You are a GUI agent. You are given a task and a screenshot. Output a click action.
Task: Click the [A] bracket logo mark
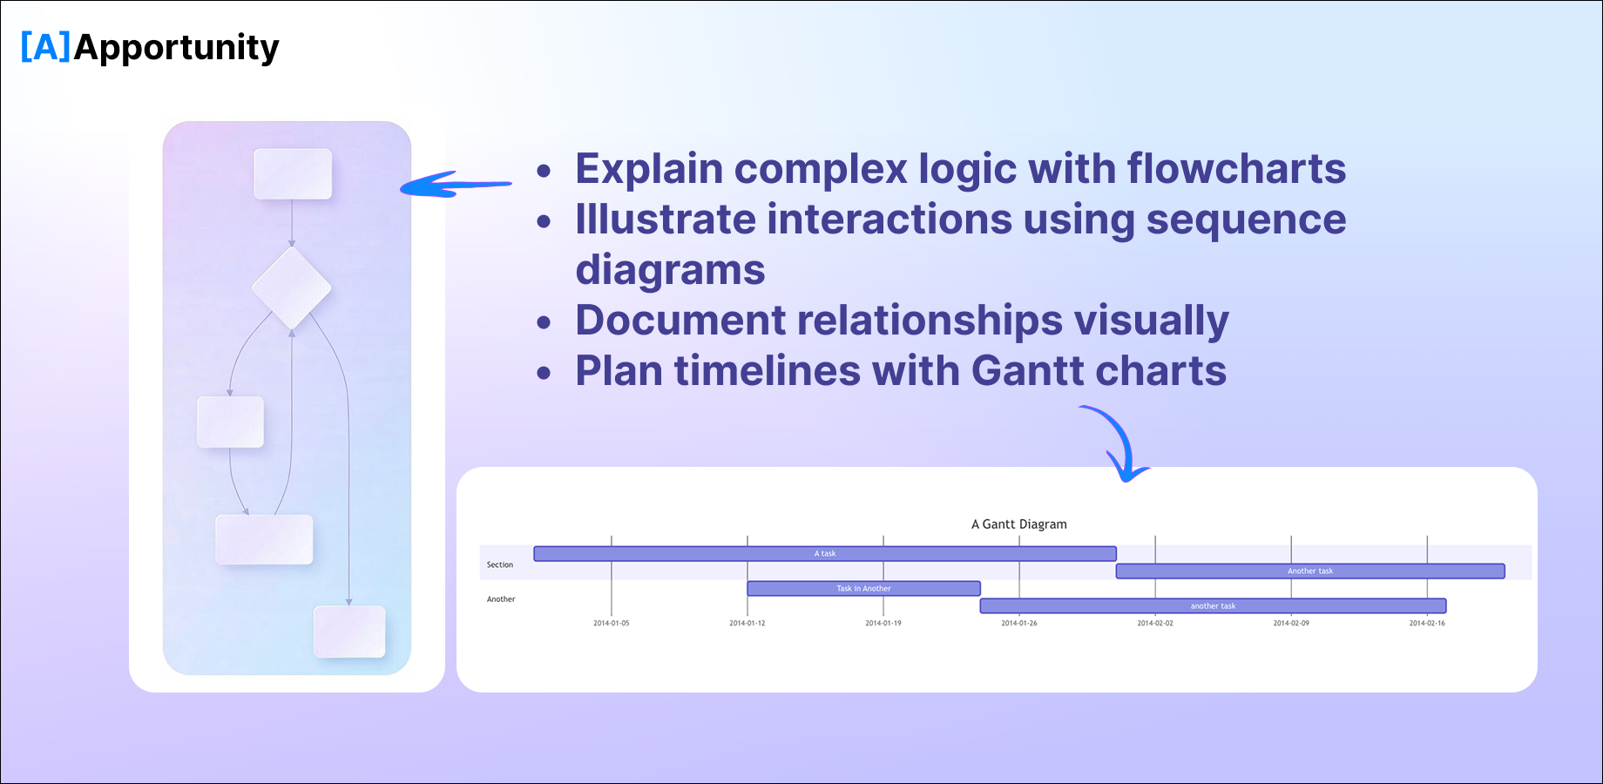pos(45,47)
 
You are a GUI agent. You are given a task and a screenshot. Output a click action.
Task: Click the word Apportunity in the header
pos(177,48)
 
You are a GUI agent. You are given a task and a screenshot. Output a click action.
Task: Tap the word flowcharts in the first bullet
pos(1236,169)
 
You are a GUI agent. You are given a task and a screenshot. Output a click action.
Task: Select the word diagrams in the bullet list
pos(670,270)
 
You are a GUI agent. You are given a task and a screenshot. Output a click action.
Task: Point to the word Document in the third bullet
pos(680,321)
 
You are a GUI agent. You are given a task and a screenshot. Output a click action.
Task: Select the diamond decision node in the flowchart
pos(291,287)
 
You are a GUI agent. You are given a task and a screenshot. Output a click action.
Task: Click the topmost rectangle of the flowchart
pos(293,173)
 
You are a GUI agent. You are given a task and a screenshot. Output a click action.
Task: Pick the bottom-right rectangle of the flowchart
pos(349,632)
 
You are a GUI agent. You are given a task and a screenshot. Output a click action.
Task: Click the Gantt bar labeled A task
pos(824,554)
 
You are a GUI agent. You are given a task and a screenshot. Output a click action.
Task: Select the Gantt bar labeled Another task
pos(1309,571)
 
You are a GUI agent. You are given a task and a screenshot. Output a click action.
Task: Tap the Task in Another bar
pos(863,589)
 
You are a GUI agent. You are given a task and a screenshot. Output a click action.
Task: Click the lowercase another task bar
pos(1213,606)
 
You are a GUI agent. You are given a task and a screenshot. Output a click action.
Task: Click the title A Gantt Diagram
pos(1018,524)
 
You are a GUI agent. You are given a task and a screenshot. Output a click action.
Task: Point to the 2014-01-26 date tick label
pos(1018,624)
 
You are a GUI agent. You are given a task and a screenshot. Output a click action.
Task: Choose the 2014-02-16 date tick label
pos(1426,624)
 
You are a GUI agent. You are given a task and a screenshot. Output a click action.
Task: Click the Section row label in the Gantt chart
pos(500,565)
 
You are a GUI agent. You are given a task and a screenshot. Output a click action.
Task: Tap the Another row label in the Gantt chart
pos(501,599)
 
